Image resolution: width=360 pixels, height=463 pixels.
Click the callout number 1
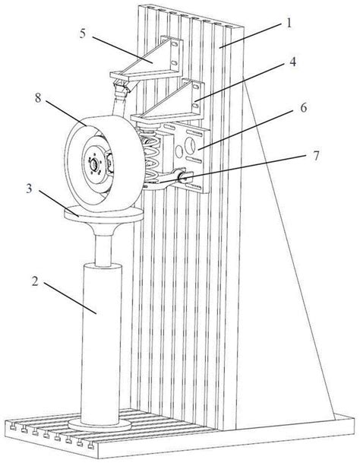click(289, 23)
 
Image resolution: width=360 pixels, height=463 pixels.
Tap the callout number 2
click(36, 281)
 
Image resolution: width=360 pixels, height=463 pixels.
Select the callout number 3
click(29, 189)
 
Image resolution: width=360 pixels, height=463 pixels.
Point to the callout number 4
click(292, 62)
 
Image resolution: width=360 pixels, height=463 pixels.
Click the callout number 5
click(83, 33)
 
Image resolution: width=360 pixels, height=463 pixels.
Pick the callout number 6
click(304, 108)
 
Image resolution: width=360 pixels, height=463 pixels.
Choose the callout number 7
click(316, 156)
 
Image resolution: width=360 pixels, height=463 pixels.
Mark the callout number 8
click(39, 98)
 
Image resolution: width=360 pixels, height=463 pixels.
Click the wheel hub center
click(94, 164)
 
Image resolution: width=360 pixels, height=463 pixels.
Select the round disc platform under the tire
click(104, 214)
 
